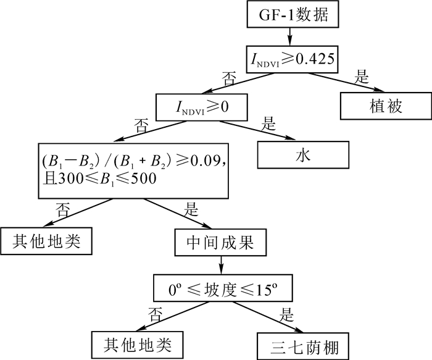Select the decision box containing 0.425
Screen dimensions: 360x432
(293, 59)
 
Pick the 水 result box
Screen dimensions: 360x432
(302, 154)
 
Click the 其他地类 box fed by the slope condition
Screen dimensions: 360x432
(139, 343)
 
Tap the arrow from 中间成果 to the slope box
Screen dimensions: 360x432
(221, 266)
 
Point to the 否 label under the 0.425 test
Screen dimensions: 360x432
(230, 78)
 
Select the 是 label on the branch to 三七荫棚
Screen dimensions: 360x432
(286, 314)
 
